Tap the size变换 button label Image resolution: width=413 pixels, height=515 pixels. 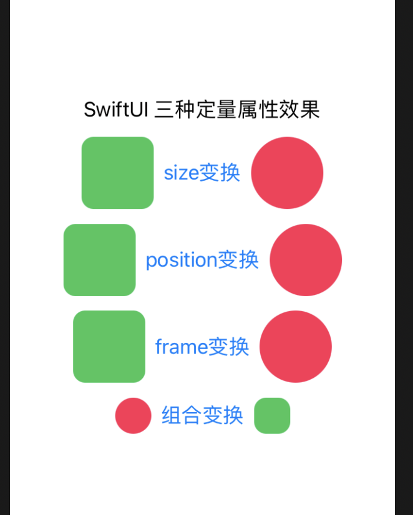(x=202, y=173)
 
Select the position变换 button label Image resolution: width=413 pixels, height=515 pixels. (x=202, y=259)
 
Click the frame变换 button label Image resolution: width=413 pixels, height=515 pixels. (x=202, y=347)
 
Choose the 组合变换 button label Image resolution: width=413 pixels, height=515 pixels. (x=202, y=415)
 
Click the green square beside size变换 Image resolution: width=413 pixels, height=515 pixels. (x=117, y=173)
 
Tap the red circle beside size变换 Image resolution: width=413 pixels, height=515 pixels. (x=287, y=173)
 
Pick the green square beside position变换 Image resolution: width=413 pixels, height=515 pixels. (x=99, y=259)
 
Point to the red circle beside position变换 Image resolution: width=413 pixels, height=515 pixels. (x=306, y=259)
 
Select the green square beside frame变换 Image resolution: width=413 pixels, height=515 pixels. (x=109, y=347)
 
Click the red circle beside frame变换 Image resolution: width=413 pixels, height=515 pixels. (x=295, y=347)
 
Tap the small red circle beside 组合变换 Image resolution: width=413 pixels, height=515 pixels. (x=133, y=415)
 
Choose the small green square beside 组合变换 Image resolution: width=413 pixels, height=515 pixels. (x=272, y=415)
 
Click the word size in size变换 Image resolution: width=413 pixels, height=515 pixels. (x=181, y=173)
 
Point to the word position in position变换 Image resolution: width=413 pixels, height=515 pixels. (x=181, y=260)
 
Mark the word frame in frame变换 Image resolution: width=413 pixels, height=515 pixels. (x=181, y=347)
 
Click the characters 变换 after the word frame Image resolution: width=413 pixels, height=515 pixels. (x=229, y=347)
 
